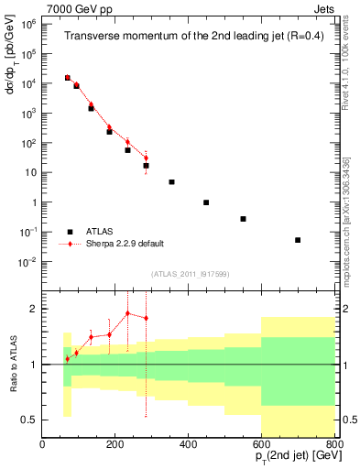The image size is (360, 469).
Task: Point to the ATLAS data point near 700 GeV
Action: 298,240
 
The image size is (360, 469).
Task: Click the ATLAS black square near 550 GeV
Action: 243,219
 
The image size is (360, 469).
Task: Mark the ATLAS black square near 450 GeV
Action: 206,202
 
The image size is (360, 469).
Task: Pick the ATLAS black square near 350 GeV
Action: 170,182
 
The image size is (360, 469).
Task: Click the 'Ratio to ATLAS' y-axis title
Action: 12,365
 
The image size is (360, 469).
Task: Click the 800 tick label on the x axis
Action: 334,445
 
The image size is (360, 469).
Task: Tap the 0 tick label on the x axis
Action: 42,445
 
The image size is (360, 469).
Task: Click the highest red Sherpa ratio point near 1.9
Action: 127,313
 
